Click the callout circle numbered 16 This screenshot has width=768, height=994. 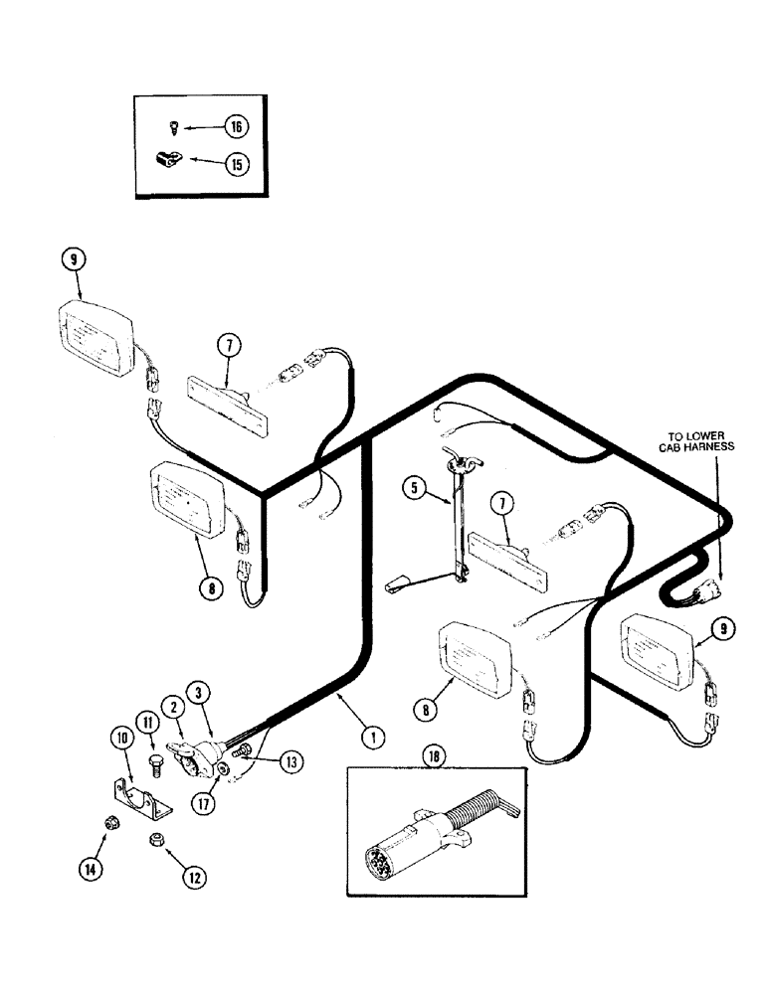pyautogui.click(x=236, y=126)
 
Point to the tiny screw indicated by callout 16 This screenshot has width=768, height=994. pyautogui.click(x=173, y=126)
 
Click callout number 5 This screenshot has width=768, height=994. pyautogui.click(x=414, y=487)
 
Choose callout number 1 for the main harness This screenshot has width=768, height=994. pyautogui.click(x=373, y=737)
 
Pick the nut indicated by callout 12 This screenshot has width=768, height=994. pyautogui.click(x=156, y=840)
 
